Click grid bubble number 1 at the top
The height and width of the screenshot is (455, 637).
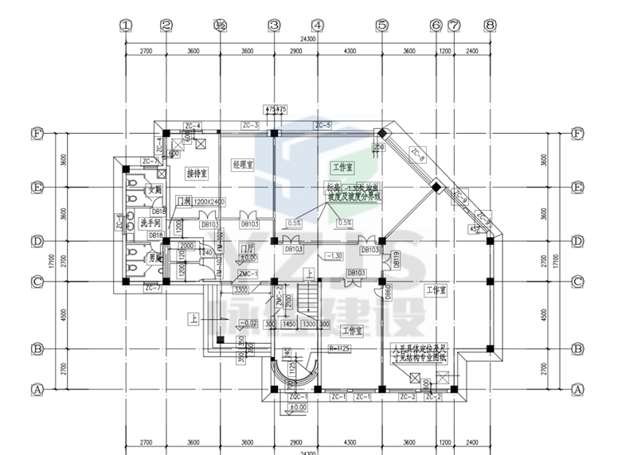pos(125,25)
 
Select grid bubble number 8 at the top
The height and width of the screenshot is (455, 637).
pos(489,25)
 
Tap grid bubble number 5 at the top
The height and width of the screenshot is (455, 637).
pos(381,25)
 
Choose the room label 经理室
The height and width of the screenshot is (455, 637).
pos(242,164)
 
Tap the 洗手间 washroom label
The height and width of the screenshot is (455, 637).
pos(151,221)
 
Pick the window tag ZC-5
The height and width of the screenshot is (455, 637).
pos(322,126)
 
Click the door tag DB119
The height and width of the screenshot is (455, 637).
pos(394,260)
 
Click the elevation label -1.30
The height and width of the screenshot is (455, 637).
pos(335,256)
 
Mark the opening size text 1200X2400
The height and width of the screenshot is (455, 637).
pos(210,202)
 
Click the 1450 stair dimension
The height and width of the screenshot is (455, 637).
pos(289,325)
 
